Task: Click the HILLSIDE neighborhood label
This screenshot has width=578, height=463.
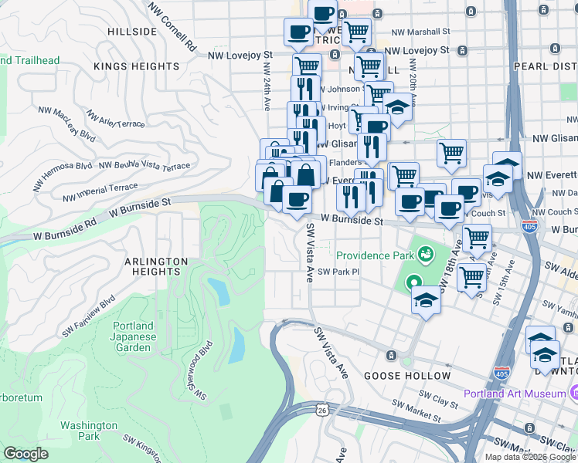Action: [132, 32]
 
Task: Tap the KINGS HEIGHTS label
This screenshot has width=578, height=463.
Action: [136, 66]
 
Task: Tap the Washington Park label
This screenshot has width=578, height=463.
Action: [89, 431]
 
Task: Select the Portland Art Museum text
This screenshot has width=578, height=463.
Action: [514, 394]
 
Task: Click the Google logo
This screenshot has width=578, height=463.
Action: [26, 454]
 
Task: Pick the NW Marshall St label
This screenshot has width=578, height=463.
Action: [420, 32]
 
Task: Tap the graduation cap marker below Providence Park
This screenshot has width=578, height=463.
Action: [425, 299]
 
